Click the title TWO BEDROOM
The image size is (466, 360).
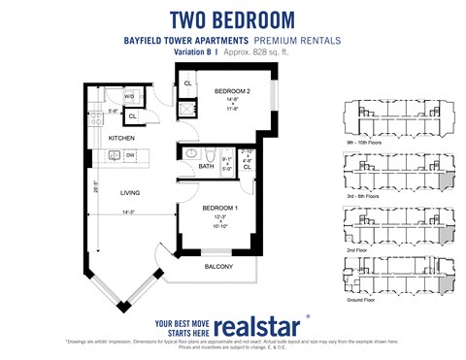(232, 18)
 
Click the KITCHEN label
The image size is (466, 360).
(121, 138)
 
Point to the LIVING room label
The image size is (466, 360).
(130, 192)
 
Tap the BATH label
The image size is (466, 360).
(206, 166)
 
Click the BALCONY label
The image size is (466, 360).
(218, 266)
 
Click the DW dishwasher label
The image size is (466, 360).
(129, 154)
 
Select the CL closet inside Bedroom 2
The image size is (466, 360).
(188, 83)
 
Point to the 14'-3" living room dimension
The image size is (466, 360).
(129, 212)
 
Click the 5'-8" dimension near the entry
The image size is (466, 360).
(114, 111)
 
